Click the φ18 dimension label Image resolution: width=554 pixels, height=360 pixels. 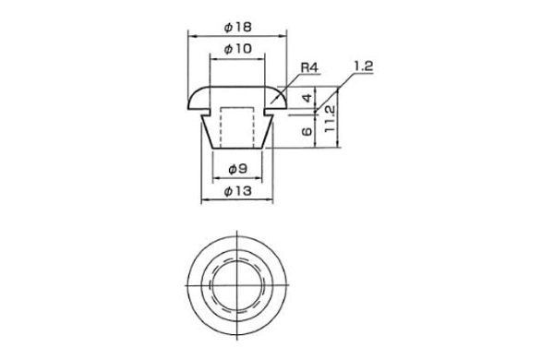(x=238, y=27)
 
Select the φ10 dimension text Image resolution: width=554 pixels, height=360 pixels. (x=238, y=49)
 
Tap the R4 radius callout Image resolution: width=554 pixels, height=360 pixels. (x=309, y=67)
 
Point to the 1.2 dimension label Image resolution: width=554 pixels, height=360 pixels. (x=364, y=66)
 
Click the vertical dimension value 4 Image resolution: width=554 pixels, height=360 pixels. (x=308, y=98)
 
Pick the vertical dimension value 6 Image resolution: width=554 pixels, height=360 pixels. (x=307, y=131)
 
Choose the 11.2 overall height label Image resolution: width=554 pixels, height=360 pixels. (x=330, y=119)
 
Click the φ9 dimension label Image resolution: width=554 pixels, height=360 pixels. (x=237, y=170)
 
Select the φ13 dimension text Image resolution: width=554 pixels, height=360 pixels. (x=238, y=191)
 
